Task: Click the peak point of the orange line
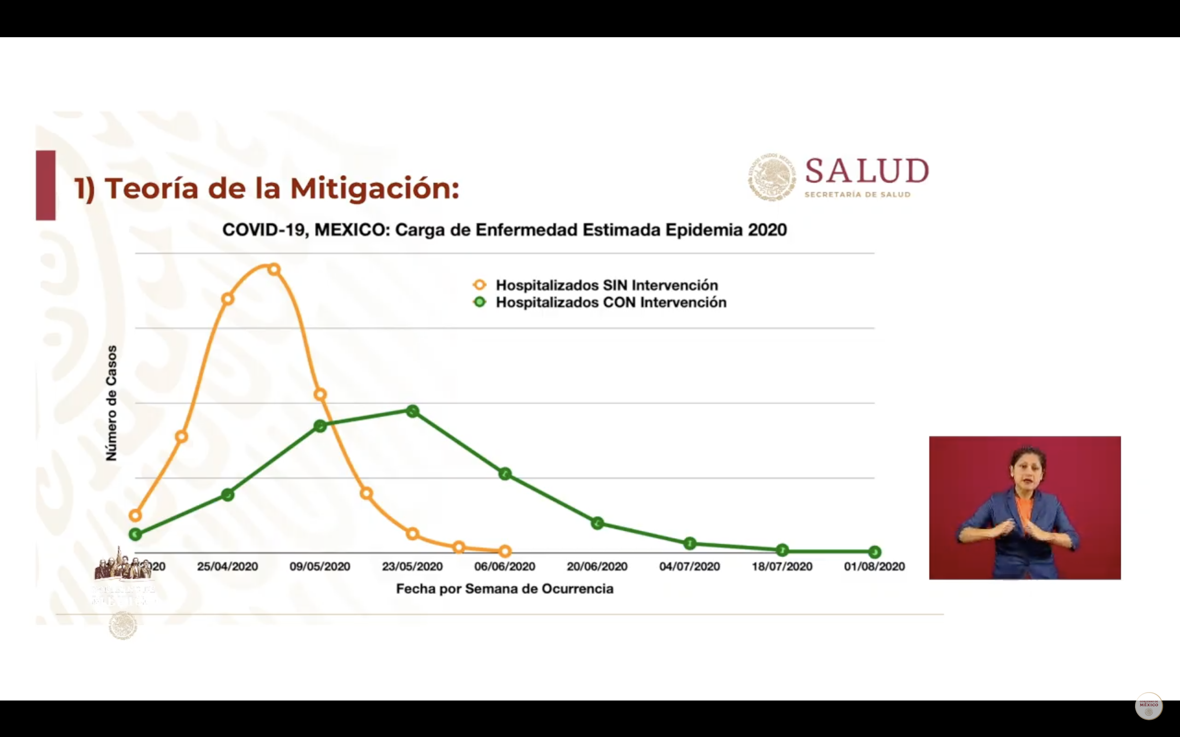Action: point(274,269)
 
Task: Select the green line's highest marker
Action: point(413,411)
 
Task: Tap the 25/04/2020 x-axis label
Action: point(227,566)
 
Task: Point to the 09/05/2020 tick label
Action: point(320,566)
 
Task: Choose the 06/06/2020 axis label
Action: point(505,566)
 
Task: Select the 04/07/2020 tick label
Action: point(689,566)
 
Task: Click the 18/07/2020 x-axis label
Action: point(782,566)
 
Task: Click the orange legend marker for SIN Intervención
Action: point(480,285)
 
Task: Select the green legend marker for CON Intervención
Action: point(480,302)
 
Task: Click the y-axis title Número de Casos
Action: point(112,403)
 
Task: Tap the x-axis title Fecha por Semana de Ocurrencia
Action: point(505,589)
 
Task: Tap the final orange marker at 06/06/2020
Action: point(505,551)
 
